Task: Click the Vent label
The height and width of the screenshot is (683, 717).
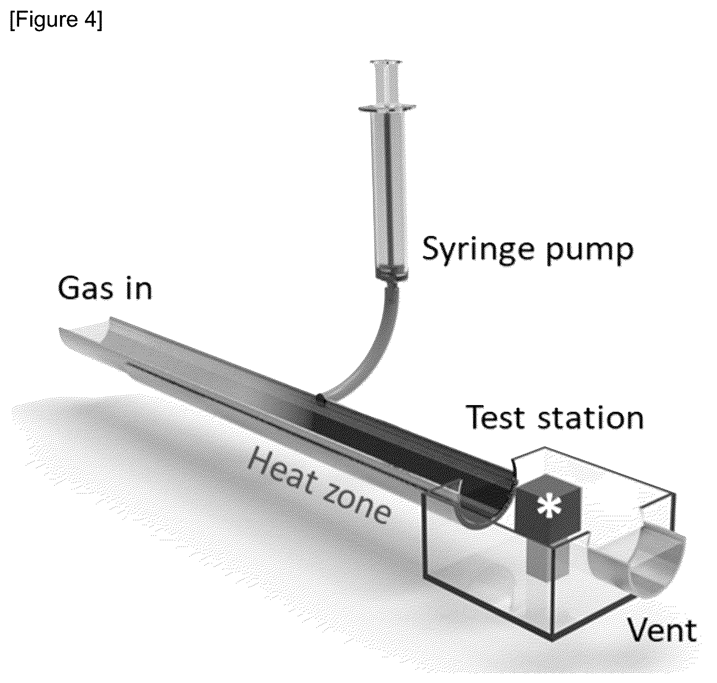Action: click(x=662, y=631)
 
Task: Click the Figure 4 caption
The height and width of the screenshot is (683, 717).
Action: click(x=56, y=20)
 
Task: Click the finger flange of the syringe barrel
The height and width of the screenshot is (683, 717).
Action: click(x=387, y=107)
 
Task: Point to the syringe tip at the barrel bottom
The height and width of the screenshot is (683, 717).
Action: click(x=391, y=275)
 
